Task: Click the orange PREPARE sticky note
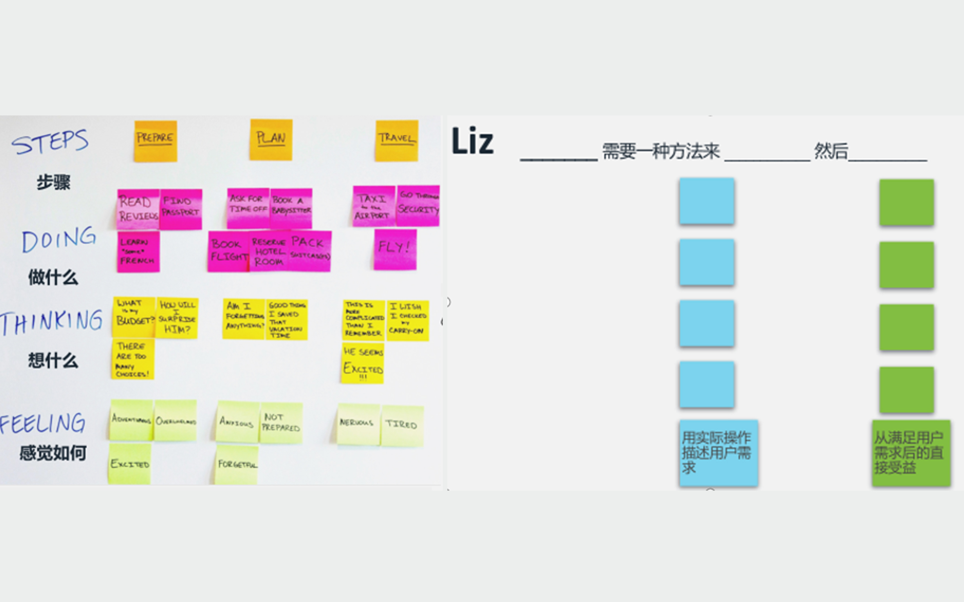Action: coord(155,141)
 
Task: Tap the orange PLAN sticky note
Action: coord(271,139)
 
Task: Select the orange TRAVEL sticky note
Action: coord(397,140)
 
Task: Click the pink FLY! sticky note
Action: coord(395,249)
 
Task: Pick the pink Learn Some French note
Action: coord(138,252)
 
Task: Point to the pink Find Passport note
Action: coord(181,208)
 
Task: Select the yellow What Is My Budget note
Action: coord(134,317)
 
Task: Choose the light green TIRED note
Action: coord(402,425)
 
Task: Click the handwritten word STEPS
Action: coord(50,142)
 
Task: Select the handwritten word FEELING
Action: coord(42,423)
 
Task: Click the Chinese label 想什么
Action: coord(53,361)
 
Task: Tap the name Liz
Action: coord(472,141)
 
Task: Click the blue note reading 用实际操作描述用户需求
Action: coord(718,453)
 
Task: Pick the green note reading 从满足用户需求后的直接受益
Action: coord(911,453)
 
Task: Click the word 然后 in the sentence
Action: coord(831,151)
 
